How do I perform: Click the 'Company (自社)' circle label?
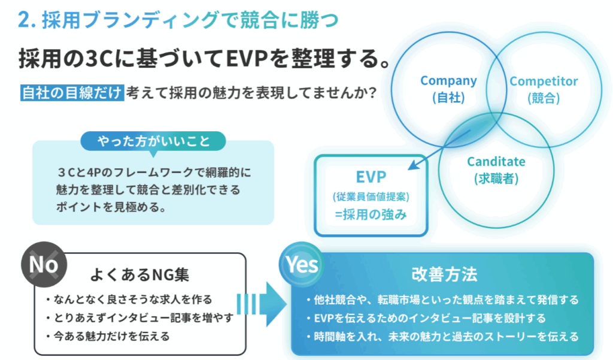[448, 89]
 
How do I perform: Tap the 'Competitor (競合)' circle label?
[544, 89]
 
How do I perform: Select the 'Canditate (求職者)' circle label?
[496, 170]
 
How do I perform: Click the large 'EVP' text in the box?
[371, 177]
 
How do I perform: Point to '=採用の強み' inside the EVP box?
[371, 214]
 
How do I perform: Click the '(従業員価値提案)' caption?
[371, 196]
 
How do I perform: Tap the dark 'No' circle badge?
[44, 265]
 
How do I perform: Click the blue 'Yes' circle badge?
[302, 265]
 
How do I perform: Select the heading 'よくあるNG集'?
[139, 274]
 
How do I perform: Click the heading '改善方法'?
[445, 274]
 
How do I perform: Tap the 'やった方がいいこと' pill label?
[153, 141]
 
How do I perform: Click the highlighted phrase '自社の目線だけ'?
[72, 93]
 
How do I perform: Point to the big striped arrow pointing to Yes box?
[262, 304]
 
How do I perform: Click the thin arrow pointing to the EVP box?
[439, 150]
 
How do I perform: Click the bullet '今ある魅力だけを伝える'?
[108, 336]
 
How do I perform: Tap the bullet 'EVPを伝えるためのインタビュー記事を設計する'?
[426, 318]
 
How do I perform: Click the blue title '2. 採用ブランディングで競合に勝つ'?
[178, 20]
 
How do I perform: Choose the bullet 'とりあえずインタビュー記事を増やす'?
[139, 317]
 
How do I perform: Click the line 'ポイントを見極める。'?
[111, 207]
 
